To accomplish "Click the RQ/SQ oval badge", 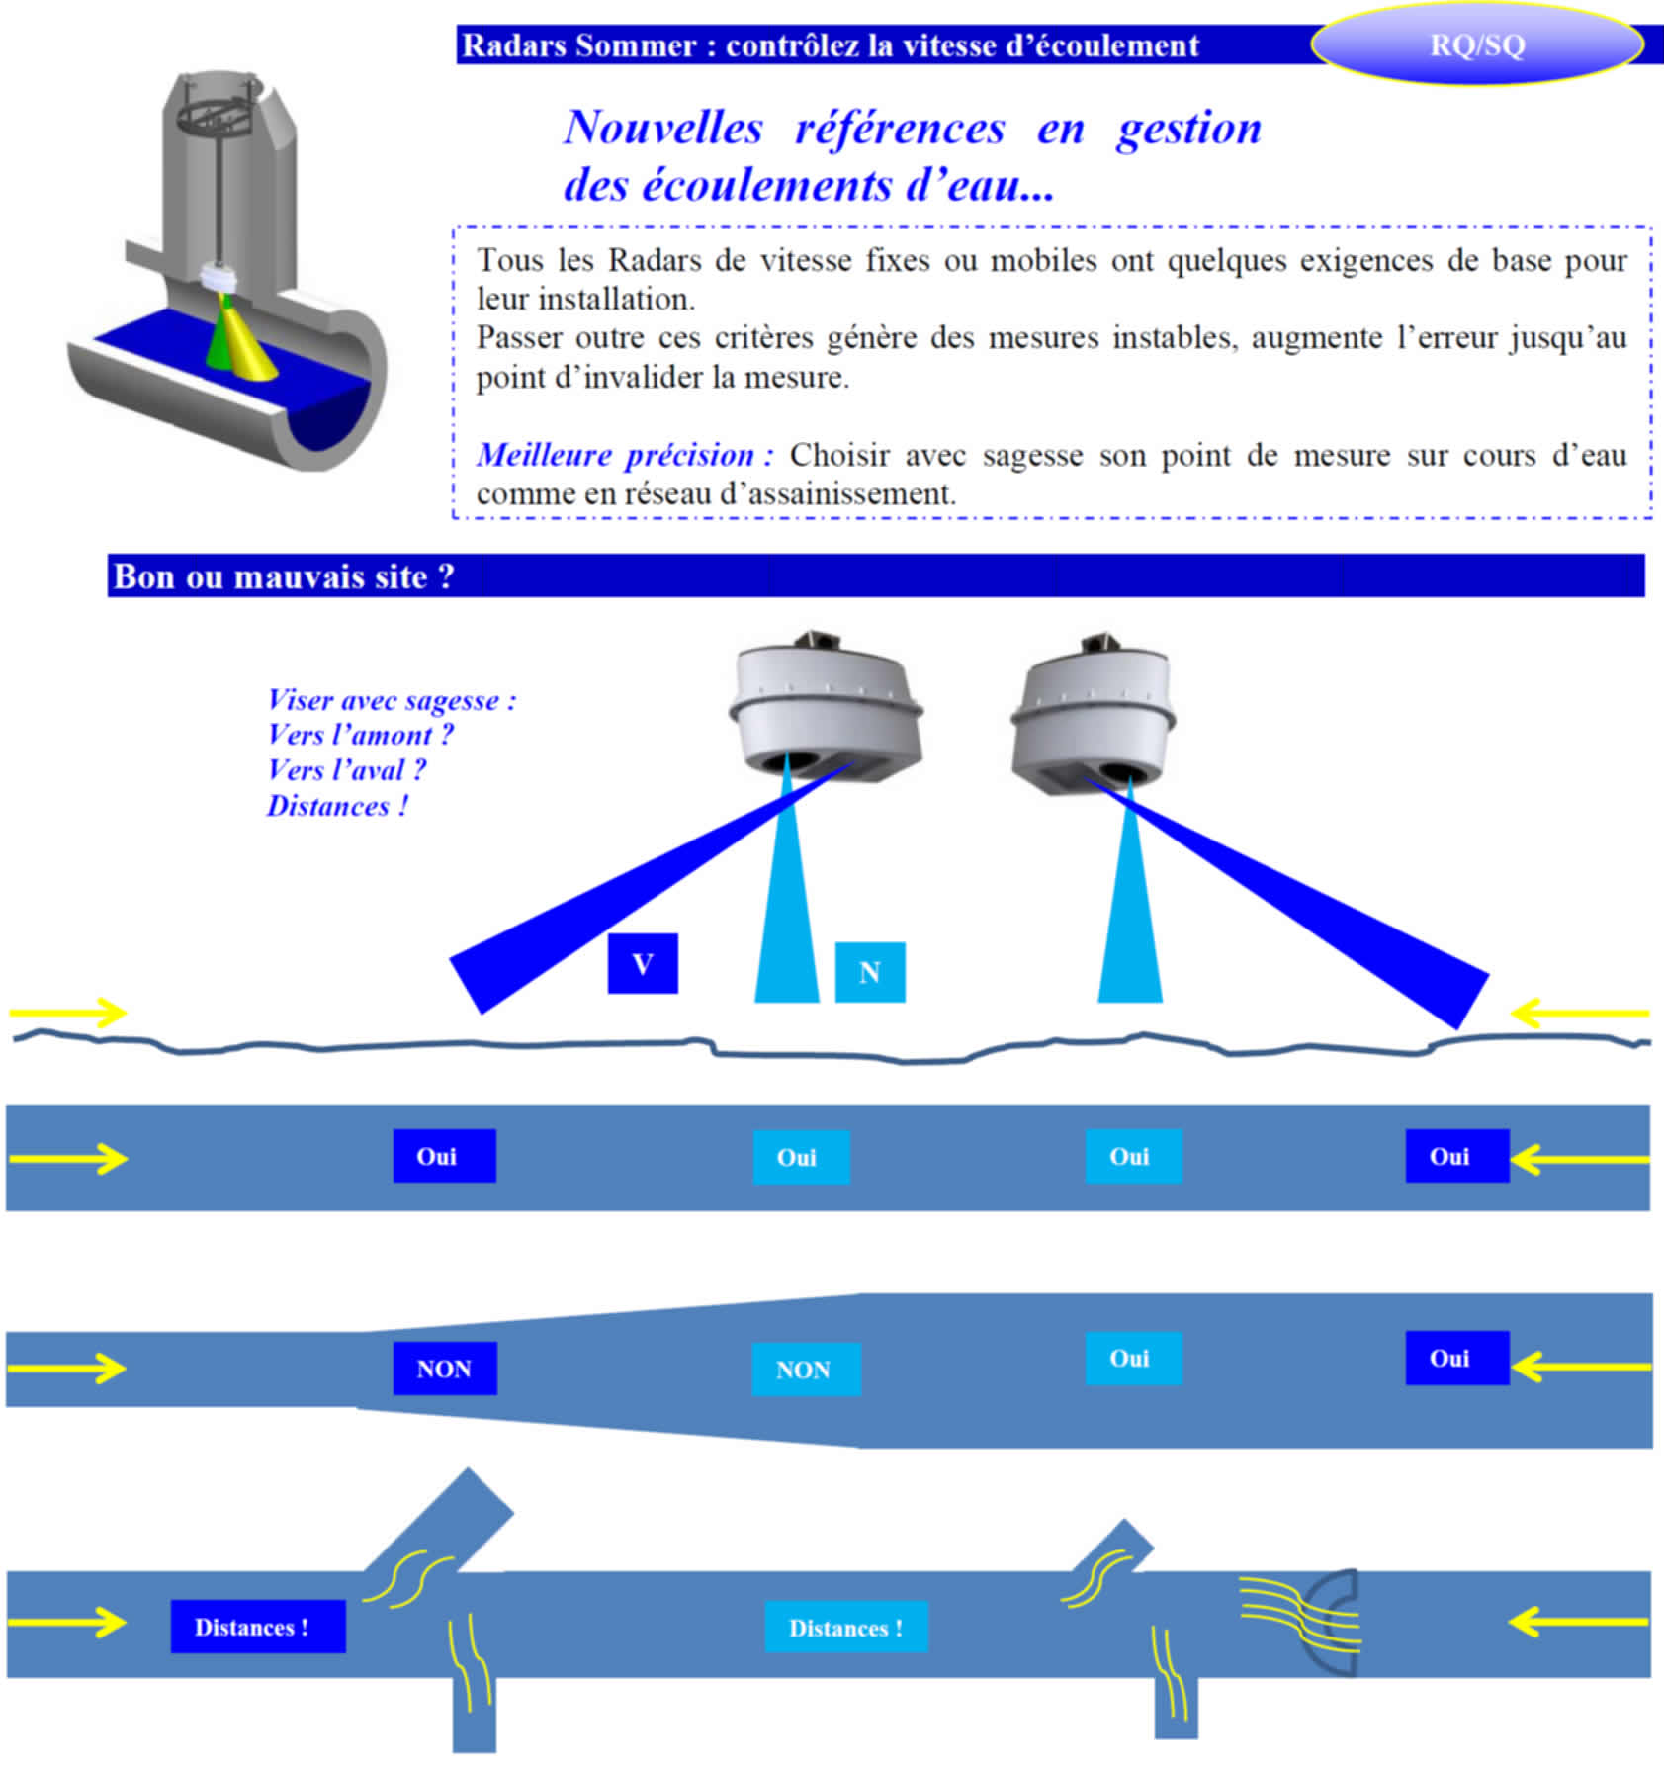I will (1476, 45).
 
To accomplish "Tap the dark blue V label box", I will (643, 963).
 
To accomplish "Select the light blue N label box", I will (870, 972).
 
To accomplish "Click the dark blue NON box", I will (445, 1369).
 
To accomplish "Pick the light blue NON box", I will (805, 1370).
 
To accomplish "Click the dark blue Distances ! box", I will (257, 1627).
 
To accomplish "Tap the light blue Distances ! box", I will (846, 1628).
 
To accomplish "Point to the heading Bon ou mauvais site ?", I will (284, 576).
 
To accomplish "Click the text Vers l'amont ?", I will (360, 735).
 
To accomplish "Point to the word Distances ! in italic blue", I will (337, 806).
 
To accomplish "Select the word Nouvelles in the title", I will (663, 128).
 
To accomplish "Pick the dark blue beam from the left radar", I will (613, 900).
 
